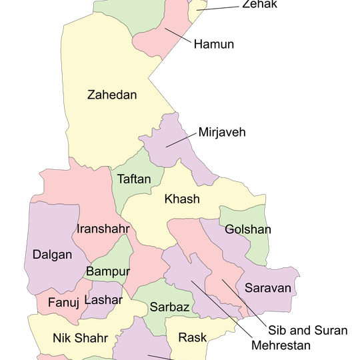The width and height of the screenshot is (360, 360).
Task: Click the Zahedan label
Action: tap(112, 95)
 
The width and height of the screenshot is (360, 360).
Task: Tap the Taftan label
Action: tap(134, 179)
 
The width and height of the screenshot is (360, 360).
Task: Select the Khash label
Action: tap(182, 199)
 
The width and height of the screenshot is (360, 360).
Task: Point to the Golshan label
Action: tap(247, 229)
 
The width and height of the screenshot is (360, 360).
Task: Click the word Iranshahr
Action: tap(103, 229)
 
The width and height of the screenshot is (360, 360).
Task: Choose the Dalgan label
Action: tap(51, 254)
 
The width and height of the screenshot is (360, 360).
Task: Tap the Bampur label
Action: tap(107, 271)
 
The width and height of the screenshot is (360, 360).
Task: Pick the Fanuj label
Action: tap(64, 303)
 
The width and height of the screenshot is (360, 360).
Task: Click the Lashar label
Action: tap(103, 300)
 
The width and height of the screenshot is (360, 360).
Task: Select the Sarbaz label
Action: tap(170, 307)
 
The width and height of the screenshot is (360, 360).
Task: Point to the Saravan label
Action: tap(268, 288)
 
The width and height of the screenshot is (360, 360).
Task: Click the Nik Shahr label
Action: tap(80, 338)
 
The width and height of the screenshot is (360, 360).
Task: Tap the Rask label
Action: tap(192, 337)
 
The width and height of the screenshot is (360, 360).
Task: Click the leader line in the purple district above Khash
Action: tap(177, 141)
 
